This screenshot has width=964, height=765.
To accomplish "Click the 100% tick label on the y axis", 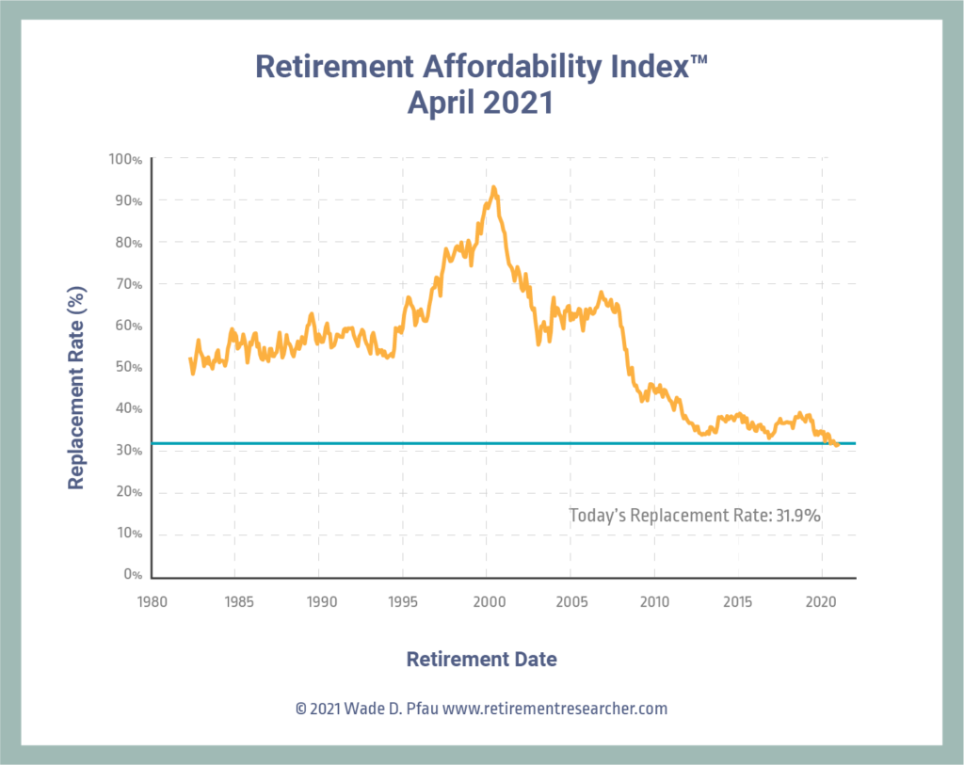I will (x=125, y=159).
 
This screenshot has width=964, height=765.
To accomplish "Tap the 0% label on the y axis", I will (x=133, y=575).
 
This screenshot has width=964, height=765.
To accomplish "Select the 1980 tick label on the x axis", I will (x=151, y=600).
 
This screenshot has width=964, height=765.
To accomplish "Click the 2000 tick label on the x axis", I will (x=487, y=600).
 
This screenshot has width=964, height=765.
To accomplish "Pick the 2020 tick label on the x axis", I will (x=822, y=600).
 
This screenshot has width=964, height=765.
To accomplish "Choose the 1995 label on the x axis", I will (x=403, y=600).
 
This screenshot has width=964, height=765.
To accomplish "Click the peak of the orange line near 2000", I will (x=493, y=187).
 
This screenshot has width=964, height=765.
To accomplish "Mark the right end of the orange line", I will (x=838, y=445).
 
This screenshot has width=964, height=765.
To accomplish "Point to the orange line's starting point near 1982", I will (x=190, y=359).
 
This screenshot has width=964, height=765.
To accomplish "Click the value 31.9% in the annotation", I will (x=801, y=515).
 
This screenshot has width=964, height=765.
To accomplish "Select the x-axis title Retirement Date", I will (x=481, y=659).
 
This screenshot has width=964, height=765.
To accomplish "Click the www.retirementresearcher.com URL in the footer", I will (x=554, y=709).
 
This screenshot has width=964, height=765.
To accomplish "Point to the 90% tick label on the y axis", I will (x=128, y=201).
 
